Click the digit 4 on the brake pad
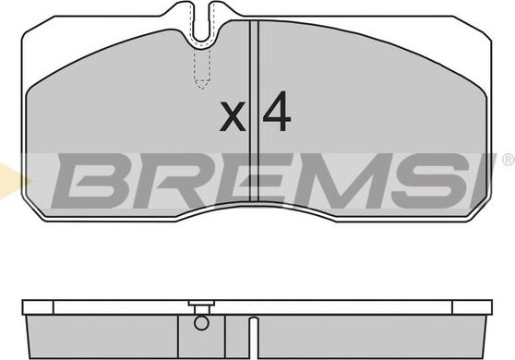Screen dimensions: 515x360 click(x=277, y=112)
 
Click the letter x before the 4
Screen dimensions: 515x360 click(x=233, y=116)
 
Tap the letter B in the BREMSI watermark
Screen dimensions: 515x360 click(x=90, y=181)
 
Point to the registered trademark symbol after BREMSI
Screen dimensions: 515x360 click(x=509, y=160)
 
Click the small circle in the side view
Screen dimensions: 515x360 click(x=201, y=323)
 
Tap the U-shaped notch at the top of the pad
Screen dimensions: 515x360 click(x=202, y=30)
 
